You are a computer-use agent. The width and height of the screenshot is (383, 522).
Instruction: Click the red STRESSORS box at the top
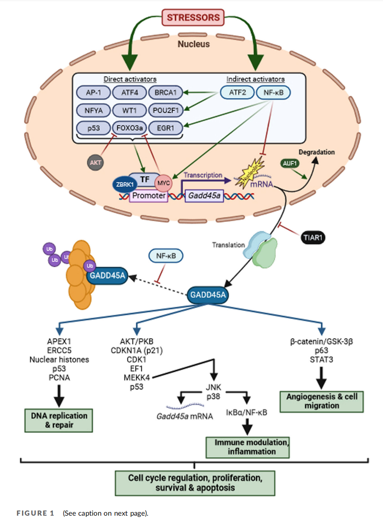[193, 18]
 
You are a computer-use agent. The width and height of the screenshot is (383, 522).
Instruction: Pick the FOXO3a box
[129, 128]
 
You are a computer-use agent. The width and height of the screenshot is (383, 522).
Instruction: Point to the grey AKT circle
[95, 162]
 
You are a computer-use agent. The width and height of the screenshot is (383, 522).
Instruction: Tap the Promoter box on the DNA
[149, 196]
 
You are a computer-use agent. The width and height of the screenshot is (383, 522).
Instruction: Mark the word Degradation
[316, 152]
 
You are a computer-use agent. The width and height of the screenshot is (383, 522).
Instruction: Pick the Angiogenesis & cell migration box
[322, 401]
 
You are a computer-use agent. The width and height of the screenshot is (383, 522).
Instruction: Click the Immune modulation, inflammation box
[248, 447]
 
